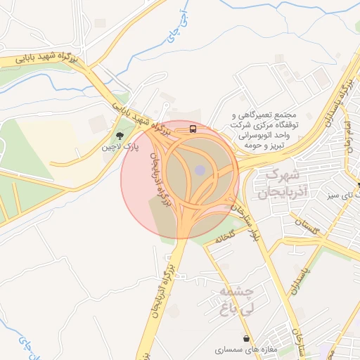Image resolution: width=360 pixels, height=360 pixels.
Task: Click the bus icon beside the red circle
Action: coord(192,129)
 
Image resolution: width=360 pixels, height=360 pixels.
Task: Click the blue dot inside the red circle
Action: coord(200,170)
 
